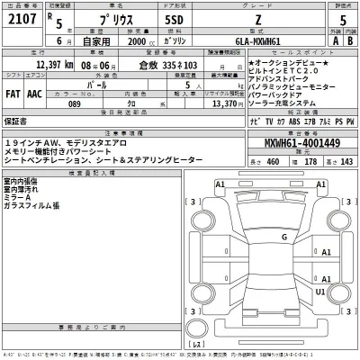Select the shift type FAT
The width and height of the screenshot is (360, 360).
[x=13, y=91]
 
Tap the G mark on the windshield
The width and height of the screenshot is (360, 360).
[x=284, y=236]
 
